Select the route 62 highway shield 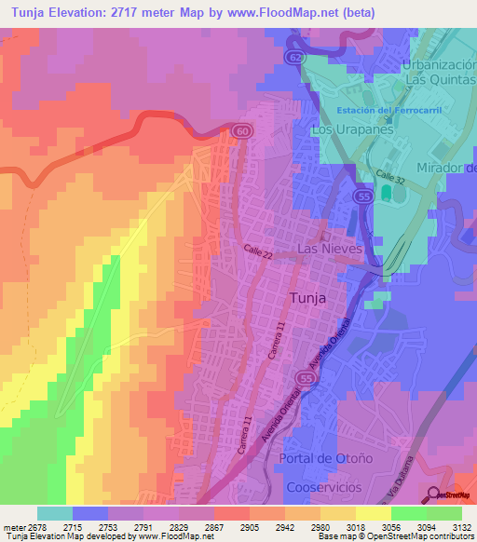(x=294, y=58)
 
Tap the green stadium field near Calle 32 (x=387, y=194)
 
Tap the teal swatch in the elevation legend (x=55, y=513)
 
